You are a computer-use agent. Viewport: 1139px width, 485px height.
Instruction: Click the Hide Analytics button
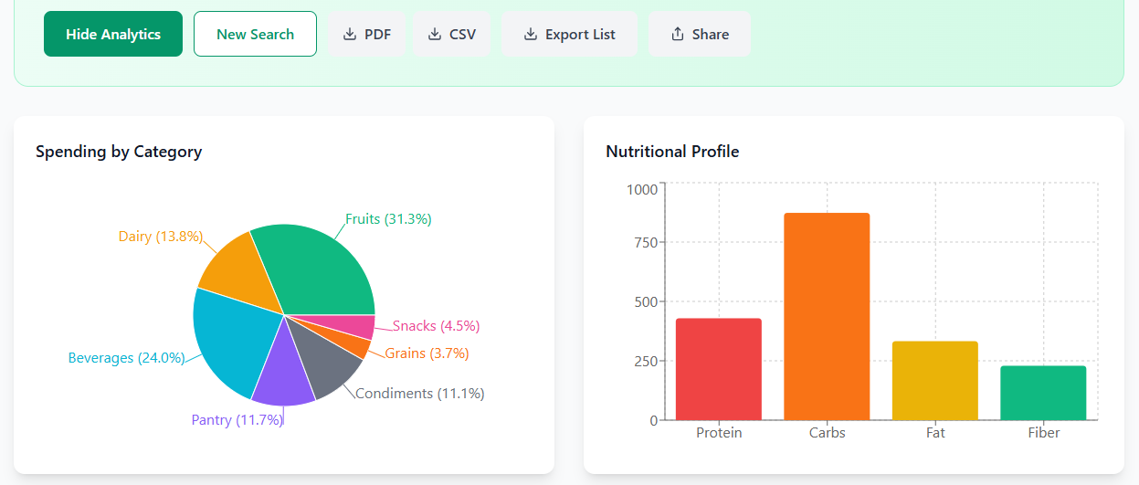click(x=113, y=35)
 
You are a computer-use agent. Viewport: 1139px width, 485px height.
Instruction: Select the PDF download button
click(x=366, y=35)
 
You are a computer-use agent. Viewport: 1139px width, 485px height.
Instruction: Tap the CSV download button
click(x=451, y=35)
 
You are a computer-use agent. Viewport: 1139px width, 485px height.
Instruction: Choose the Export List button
click(x=569, y=35)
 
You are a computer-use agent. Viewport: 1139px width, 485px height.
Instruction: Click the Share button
click(x=700, y=35)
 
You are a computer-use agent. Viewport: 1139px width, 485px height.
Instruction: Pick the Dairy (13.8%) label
click(x=160, y=237)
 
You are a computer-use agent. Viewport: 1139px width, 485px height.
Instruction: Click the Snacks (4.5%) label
click(x=436, y=326)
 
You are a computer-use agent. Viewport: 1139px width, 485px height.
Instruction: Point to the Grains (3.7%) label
click(x=427, y=353)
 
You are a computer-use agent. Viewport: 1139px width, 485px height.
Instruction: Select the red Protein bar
click(x=718, y=369)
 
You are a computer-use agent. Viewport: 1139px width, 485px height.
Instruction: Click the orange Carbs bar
click(x=827, y=316)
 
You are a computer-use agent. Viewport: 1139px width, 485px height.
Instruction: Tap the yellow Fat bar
click(x=934, y=380)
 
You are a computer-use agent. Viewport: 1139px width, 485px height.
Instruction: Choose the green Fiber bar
click(x=1043, y=393)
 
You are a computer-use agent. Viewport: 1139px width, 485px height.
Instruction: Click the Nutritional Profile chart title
click(x=672, y=152)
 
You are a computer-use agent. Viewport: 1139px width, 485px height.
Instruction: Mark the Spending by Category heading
click(x=119, y=152)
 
